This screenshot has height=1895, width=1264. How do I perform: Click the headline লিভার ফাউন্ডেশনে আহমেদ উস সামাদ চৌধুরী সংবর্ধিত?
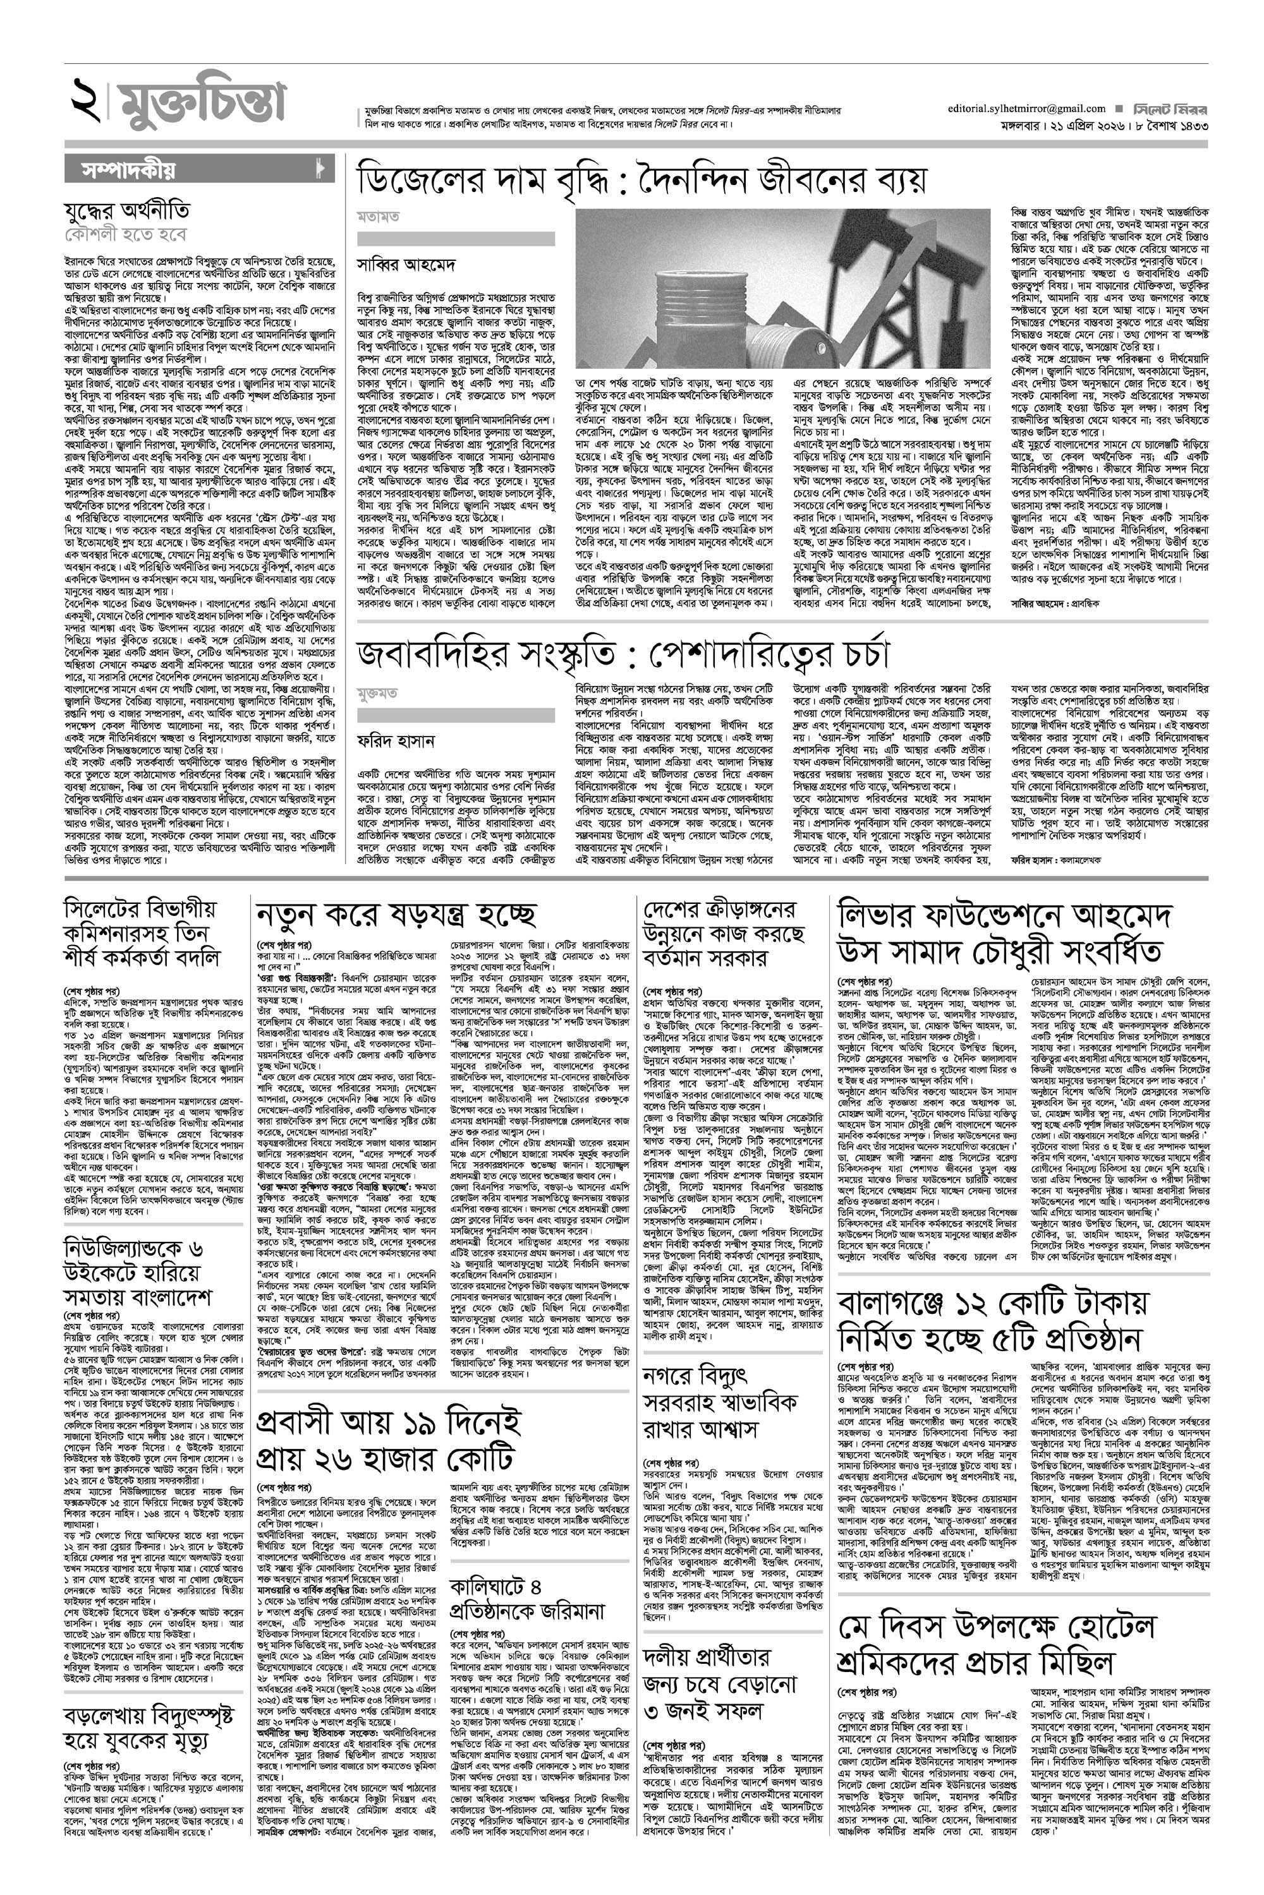1004,933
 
